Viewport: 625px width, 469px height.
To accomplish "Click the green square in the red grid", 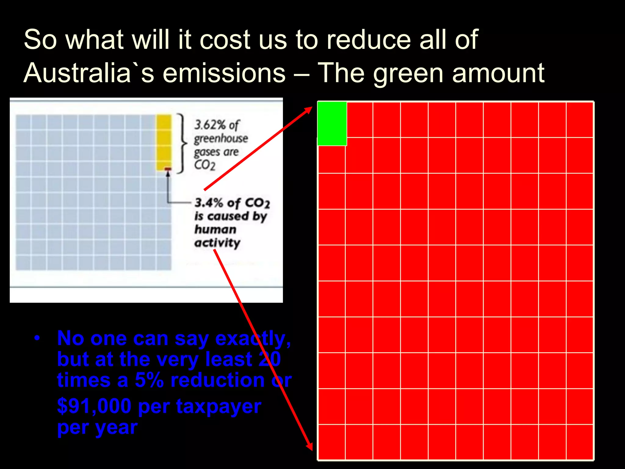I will point(332,124).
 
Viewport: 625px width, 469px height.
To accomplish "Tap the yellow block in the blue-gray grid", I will point(164,142).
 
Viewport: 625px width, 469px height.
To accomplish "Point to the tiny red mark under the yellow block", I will point(168,169).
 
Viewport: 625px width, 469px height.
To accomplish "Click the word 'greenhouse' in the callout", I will point(221,139).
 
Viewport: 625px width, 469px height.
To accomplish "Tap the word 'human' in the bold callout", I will point(215,229).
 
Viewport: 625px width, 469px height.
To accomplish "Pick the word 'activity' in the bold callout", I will point(217,243).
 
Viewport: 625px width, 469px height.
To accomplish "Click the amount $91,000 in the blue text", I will point(94,406).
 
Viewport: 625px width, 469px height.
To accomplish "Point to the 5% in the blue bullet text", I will point(149,380).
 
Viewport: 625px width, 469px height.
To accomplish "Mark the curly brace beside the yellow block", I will point(182,143).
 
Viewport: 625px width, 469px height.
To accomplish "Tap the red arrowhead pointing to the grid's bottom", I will point(309,446).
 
